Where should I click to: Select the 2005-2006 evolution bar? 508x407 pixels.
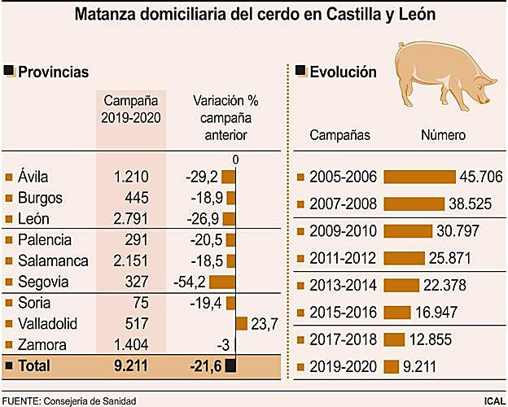pos(419,177)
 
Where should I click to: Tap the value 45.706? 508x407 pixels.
pos(480,177)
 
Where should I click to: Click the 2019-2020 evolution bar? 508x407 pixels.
pos(392,365)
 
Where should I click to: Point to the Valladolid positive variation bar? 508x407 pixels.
pos(242,324)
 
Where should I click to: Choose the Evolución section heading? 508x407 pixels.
pos(343,72)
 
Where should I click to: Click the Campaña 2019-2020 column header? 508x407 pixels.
pos(131,109)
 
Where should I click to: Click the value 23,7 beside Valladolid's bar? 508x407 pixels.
pos(265,324)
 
